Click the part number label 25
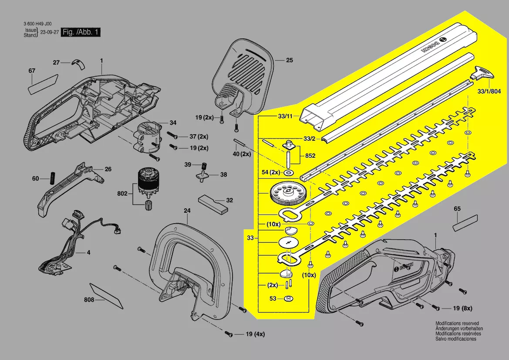(x=290, y=61)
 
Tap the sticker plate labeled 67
(x=43, y=85)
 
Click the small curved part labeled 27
(x=79, y=64)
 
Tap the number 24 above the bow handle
(x=187, y=211)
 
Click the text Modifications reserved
(x=454, y=324)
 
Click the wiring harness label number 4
(x=88, y=252)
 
